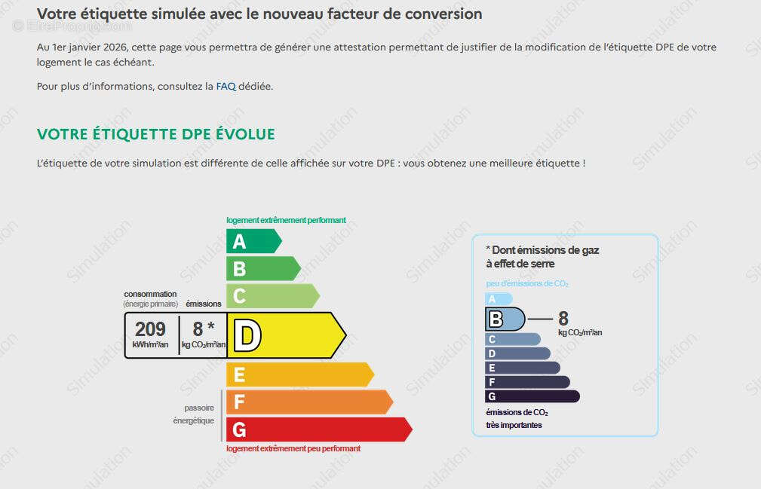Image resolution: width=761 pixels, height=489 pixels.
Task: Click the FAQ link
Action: point(226,86)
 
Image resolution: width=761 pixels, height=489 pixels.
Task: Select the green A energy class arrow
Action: point(254,241)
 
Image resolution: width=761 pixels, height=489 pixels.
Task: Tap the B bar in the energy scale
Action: point(263,268)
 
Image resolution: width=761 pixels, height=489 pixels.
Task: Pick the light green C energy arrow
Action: point(273,295)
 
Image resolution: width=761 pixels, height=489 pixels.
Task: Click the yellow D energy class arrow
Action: point(287,335)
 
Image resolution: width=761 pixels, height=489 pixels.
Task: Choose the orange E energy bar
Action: point(300,374)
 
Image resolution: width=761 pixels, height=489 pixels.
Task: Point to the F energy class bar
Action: point(310,402)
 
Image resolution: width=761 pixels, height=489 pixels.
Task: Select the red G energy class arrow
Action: point(319,429)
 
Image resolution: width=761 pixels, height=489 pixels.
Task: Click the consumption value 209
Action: point(150,329)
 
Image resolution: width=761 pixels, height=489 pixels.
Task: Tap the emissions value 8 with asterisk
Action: point(204,329)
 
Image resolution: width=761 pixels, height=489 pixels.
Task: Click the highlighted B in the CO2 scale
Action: point(505,319)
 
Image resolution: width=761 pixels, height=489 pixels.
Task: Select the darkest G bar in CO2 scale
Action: point(532,396)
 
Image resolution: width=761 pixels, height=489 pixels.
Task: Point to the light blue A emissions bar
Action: point(499,299)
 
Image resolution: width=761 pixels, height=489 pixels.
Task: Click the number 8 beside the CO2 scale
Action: point(563,319)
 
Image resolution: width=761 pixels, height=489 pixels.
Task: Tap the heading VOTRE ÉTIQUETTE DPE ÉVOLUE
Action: point(156,134)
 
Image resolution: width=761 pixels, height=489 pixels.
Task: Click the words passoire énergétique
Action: point(194,414)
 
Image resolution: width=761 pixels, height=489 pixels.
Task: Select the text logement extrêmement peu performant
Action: point(293,448)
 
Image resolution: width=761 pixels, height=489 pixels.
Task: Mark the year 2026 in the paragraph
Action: point(115,47)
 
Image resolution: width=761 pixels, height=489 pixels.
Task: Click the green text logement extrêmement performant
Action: point(286,220)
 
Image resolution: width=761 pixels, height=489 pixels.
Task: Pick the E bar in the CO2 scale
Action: point(522,368)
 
